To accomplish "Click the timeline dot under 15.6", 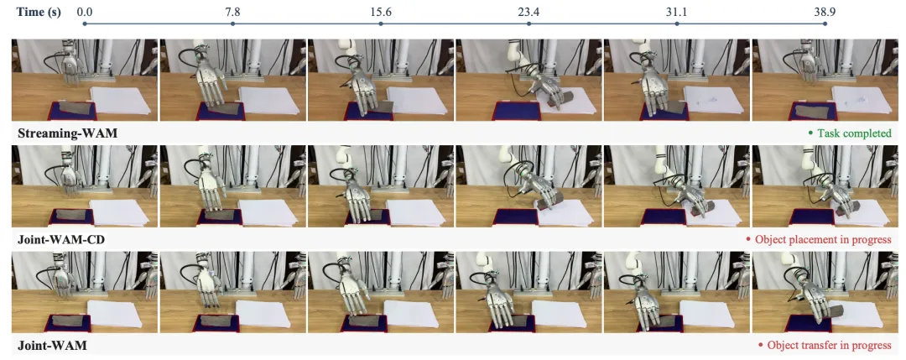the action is (380, 23).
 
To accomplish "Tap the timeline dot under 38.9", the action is (825, 23).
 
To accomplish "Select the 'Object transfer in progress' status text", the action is (825, 346).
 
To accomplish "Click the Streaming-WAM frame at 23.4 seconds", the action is (528, 81).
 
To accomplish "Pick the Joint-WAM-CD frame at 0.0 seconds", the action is (85, 186).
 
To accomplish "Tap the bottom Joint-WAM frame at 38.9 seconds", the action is (825, 292).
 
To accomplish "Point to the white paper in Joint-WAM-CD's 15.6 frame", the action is (414, 212).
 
